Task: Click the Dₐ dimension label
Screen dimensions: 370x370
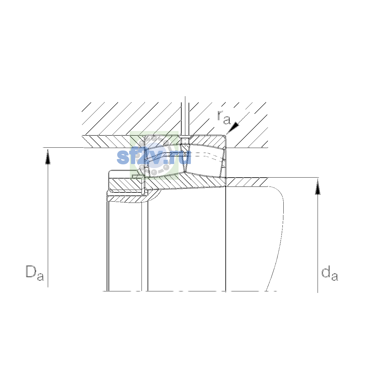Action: (35, 273)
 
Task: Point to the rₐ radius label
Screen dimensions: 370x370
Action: (224, 117)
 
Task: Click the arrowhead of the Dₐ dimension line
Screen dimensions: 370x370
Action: (48, 157)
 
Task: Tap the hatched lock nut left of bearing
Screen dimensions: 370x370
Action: (126, 184)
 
